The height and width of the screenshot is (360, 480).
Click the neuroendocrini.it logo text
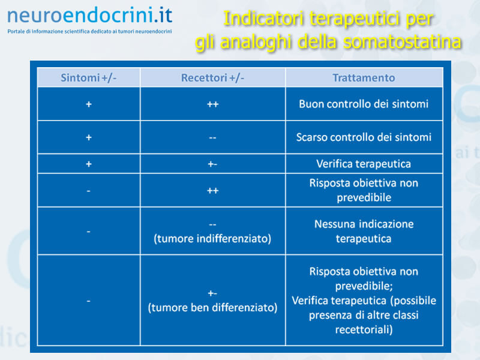[89, 16]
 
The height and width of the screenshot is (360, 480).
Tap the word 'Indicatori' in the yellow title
[263, 19]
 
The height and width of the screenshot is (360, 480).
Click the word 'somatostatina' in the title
[402, 41]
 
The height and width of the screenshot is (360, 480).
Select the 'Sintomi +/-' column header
[88, 78]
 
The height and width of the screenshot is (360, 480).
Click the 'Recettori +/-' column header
[212, 78]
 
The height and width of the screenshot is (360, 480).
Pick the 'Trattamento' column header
[364, 78]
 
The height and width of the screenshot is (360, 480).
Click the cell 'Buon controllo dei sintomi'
[364, 104]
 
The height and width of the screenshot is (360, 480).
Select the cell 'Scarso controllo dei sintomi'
[364, 137]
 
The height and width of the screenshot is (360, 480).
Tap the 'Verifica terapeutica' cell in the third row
[364, 164]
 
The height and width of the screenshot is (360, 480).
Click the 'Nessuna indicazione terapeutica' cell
[364, 231]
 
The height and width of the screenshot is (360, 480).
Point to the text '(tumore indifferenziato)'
[212, 239]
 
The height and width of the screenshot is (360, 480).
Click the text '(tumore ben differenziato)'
[212, 308]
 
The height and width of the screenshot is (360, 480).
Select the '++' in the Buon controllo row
[212, 104]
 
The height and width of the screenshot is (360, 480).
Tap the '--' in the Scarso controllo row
[212, 138]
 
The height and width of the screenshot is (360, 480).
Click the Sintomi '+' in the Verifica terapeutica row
[89, 164]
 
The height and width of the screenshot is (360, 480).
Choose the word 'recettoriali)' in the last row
[364, 329]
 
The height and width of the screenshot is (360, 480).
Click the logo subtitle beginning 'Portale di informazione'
[89, 31]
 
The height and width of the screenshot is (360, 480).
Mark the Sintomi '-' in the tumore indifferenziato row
[88, 232]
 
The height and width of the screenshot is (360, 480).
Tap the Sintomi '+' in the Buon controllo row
[89, 104]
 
